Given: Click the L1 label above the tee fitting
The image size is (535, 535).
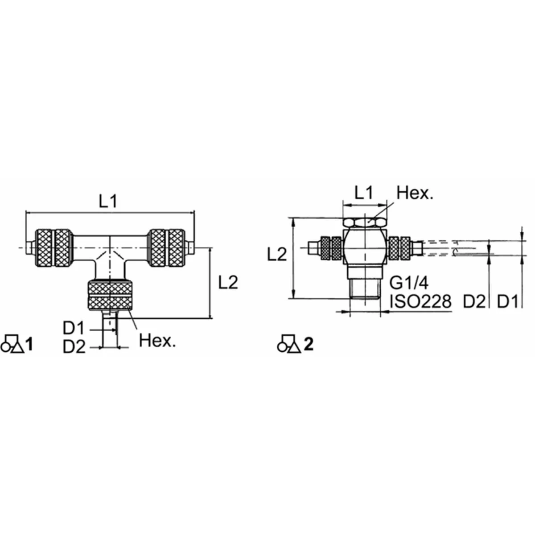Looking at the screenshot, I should [x=107, y=202].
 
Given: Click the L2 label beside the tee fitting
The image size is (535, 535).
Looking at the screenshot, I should [x=228, y=282].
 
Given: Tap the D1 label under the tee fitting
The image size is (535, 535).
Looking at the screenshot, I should [x=74, y=329].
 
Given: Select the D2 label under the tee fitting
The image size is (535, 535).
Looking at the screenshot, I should [x=74, y=347].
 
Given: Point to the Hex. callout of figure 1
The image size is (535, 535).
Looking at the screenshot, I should [x=157, y=341].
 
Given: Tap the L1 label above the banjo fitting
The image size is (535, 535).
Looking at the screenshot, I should [x=363, y=193].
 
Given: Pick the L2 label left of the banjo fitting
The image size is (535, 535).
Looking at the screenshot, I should [x=277, y=255].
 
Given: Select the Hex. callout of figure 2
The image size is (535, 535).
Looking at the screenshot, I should [x=415, y=193].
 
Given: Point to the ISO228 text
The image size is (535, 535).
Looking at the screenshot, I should [x=420, y=302].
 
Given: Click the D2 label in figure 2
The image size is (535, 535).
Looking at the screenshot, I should [x=473, y=302].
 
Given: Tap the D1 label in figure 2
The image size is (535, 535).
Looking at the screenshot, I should [x=508, y=302].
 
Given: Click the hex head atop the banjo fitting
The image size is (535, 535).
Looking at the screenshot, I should [x=365, y=222].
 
